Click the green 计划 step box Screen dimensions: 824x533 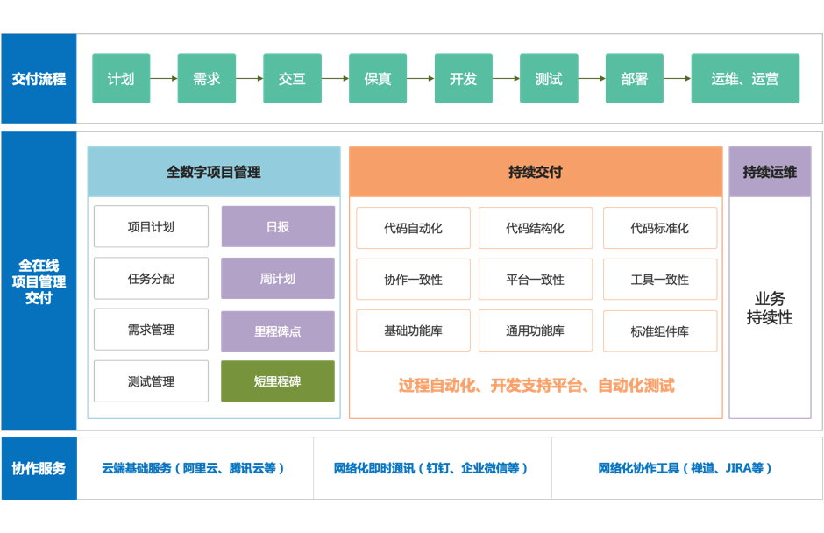(x=121, y=78)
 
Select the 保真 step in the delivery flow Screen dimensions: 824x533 (x=377, y=78)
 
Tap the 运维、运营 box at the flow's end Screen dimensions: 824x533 (x=745, y=78)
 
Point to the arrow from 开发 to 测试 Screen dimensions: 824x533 (x=506, y=78)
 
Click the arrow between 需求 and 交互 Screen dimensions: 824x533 (x=249, y=78)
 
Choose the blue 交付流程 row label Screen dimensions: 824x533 (x=39, y=78)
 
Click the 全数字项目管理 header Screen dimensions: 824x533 (x=214, y=172)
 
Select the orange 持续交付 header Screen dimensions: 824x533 (x=536, y=172)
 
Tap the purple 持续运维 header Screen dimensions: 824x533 (x=770, y=172)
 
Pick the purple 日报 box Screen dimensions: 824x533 (x=278, y=226)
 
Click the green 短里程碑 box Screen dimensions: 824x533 (x=278, y=381)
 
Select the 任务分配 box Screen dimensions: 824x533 (x=151, y=278)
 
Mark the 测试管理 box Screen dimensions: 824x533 (x=151, y=381)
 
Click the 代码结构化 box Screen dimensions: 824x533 (x=535, y=228)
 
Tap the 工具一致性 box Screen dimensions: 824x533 (x=659, y=279)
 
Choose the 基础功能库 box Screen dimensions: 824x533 (x=413, y=330)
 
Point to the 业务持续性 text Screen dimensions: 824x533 (x=770, y=308)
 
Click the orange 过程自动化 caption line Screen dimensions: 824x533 (x=536, y=386)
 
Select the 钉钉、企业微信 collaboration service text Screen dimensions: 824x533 (x=430, y=468)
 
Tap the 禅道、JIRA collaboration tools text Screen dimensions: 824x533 (x=685, y=468)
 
